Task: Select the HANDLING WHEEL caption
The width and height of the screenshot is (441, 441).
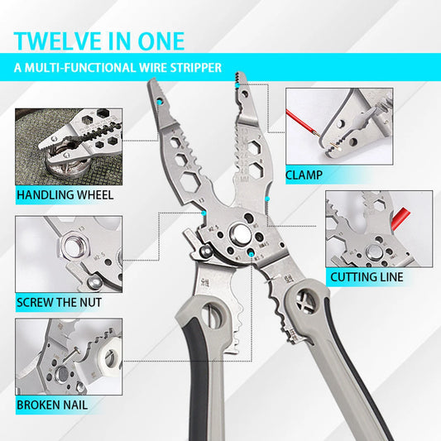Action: (x=65, y=195)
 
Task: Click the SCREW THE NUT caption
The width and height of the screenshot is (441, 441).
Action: (x=59, y=302)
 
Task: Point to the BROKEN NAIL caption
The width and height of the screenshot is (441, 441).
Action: (x=52, y=405)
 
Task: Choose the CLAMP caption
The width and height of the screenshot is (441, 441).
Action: (x=304, y=175)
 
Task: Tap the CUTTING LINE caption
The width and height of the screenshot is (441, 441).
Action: (x=367, y=277)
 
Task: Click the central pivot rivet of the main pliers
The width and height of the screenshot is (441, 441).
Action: (x=240, y=234)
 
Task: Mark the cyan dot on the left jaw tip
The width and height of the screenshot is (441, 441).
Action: (x=160, y=102)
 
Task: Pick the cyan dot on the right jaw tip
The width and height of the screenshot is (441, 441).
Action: (x=238, y=85)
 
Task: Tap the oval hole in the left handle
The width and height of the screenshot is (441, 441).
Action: (x=212, y=315)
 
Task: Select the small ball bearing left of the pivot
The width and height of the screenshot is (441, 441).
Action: (x=207, y=251)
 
